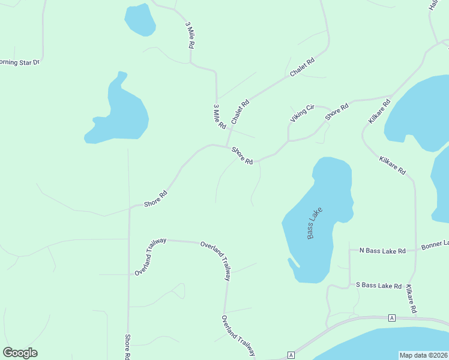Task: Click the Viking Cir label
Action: pyautogui.click(x=302, y=113)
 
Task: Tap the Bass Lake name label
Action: pyautogui.click(x=315, y=223)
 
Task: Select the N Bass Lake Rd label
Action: pyautogui.click(x=382, y=250)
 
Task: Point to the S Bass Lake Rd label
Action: pyautogui.click(x=378, y=285)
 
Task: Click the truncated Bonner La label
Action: pyautogui.click(x=435, y=245)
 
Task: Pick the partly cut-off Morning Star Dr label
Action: pyautogui.click(x=19, y=62)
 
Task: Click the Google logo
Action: pyautogui.click(x=20, y=353)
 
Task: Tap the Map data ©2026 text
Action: pyautogui.click(x=424, y=355)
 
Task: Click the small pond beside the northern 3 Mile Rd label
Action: pyautogui.click(x=140, y=20)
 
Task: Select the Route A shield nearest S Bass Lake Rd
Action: pyautogui.click(x=391, y=317)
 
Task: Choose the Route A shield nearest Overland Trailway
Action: pyautogui.click(x=291, y=355)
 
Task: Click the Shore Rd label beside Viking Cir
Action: pyautogui.click(x=337, y=112)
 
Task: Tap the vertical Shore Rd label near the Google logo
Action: pyautogui.click(x=128, y=347)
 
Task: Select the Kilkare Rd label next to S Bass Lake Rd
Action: pyautogui.click(x=411, y=299)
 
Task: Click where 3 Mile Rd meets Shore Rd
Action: pyautogui.click(x=227, y=147)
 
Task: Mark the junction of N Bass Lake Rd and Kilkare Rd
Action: pyautogui.click(x=415, y=250)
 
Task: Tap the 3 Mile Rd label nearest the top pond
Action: pyautogui.click(x=191, y=35)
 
